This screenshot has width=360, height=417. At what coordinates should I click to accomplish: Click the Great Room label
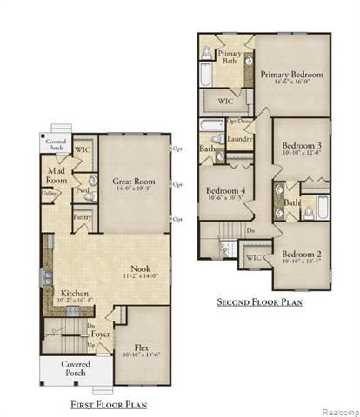click(x=133, y=181)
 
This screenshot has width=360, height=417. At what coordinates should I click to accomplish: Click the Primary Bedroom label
click(x=291, y=75)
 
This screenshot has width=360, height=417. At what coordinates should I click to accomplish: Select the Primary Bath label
click(x=230, y=57)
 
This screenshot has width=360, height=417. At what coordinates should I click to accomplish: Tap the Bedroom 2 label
click(x=302, y=255)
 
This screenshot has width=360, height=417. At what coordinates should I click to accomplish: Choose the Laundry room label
click(x=239, y=138)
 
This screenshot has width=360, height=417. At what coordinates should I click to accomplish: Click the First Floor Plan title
click(x=109, y=403)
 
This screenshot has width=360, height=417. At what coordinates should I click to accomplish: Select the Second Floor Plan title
click(x=259, y=302)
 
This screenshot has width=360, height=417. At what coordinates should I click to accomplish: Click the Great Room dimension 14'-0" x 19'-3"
click(x=133, y=189)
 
